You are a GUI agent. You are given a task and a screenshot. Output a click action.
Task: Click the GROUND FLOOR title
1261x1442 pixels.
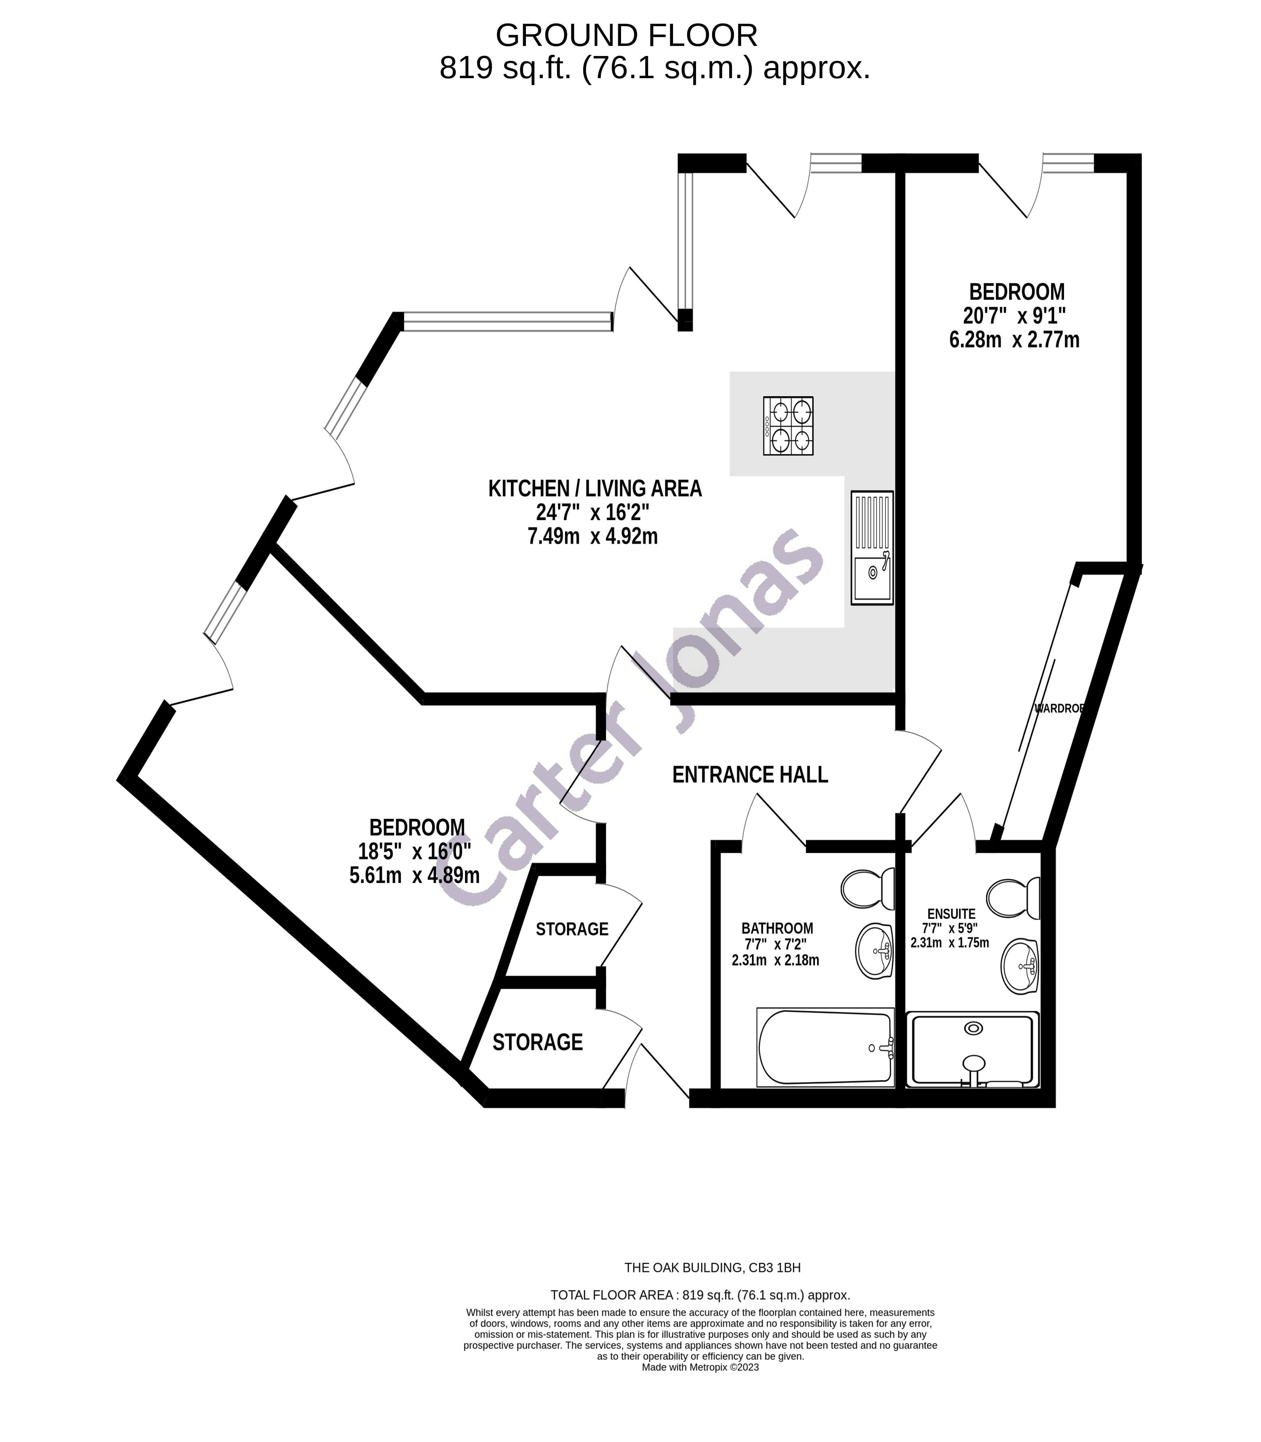tap(626, 35)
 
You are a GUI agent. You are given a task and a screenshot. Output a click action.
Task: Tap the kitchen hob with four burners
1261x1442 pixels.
tap(788, 426)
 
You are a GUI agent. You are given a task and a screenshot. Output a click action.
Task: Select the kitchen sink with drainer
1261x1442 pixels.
tap(872, 548)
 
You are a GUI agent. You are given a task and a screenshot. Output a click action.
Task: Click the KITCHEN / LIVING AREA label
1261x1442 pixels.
tap(594, 488)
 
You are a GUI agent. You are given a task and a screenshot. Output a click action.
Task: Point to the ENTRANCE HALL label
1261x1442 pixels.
tap(750, 775)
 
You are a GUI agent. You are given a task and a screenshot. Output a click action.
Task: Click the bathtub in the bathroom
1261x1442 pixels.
tap(825, 1047)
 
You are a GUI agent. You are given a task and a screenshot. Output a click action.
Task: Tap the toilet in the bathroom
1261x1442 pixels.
tap(867, 888)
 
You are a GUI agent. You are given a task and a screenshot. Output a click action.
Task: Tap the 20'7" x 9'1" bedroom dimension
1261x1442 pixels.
tap(1014, 315)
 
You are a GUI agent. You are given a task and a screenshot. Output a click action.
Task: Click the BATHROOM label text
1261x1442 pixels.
tap(777, 928)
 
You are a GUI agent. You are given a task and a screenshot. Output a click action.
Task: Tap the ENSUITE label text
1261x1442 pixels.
tap(951, 914)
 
